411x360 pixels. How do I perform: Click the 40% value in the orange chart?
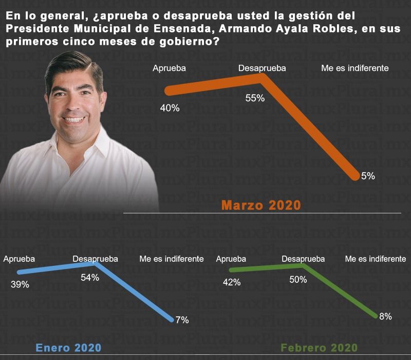click(x=170, y=109)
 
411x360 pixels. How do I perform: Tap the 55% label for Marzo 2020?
click(x=255, y=98)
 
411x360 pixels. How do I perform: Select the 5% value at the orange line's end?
click(x=368, y=176)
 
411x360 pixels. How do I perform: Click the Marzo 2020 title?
click(x=261, y=205)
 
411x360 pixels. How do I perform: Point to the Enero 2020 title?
click(x=68, y=348)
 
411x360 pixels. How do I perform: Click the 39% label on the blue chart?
click(x=20, y=284)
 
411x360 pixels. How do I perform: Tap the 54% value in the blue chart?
click(x=90, y=277)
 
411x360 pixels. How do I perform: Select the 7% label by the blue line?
click(x=182, y=320)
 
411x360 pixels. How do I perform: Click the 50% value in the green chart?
click(x=298, y=280)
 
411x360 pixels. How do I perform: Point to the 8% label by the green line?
click(x=385, y=316)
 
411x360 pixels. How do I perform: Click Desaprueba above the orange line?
click(x=262, y=68)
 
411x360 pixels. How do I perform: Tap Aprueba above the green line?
click(x=231, y=259)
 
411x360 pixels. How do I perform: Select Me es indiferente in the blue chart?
click(x=172, y=259)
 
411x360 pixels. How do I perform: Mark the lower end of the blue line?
click(x=172, y=319)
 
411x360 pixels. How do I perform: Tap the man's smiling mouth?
click(x=75, y=119)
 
